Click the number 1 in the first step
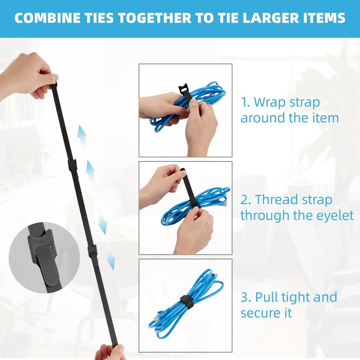[245, 102]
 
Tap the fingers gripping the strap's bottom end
[110, 352]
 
